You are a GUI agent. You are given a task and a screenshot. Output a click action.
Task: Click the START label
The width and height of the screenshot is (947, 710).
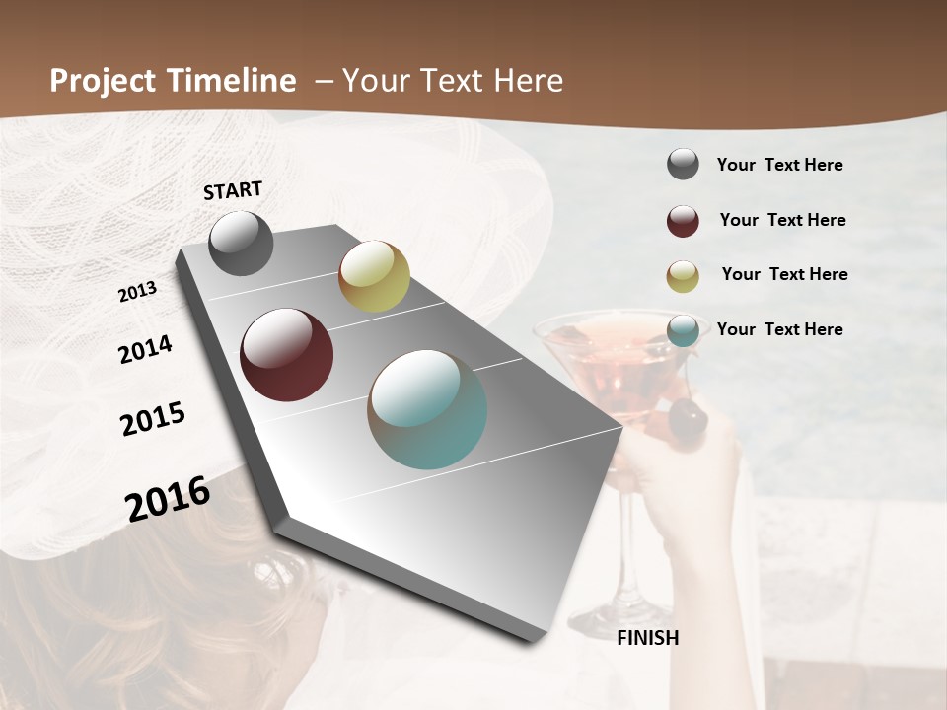[x=233, y=190]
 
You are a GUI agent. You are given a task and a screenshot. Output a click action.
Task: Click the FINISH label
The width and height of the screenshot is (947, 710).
[x=647, y=638]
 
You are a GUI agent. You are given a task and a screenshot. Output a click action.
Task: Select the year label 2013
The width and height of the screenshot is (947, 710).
[x=138, y=292]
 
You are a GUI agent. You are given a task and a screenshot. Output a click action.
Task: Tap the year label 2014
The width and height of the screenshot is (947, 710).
[x=145, y=349]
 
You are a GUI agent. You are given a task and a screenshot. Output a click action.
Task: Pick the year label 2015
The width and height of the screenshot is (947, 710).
[x=153, y=419]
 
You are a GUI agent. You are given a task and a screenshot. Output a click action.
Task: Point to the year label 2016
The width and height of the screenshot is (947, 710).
[x=168, y=498]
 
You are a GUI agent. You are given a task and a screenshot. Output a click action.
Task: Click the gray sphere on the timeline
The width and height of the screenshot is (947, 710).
[x=241, y=243]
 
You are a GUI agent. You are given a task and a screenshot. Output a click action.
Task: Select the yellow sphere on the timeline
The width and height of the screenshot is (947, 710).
[x=374, y=276]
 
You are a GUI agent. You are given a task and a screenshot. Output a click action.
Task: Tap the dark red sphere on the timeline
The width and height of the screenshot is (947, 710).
[x=286, y=355]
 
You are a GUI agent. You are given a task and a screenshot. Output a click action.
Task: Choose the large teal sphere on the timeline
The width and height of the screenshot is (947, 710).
[x=427, y=409]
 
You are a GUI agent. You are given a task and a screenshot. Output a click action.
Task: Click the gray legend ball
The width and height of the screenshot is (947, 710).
[x=683, y=165]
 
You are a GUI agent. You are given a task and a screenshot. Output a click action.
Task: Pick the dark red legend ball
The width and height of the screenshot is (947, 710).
[x=683, y=221]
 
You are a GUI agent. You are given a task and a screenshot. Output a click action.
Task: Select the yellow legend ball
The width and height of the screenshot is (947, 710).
[x=683, y=276]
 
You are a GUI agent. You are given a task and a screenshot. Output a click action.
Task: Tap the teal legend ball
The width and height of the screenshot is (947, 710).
[x=683, y=330]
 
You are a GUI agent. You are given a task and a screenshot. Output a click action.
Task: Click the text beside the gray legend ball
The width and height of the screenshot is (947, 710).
[x=779, y=165]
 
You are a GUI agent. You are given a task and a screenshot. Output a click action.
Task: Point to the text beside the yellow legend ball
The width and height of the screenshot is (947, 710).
[x=784, y=274]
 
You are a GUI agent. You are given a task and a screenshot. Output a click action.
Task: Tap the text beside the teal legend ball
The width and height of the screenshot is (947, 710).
[x=779, y=329]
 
